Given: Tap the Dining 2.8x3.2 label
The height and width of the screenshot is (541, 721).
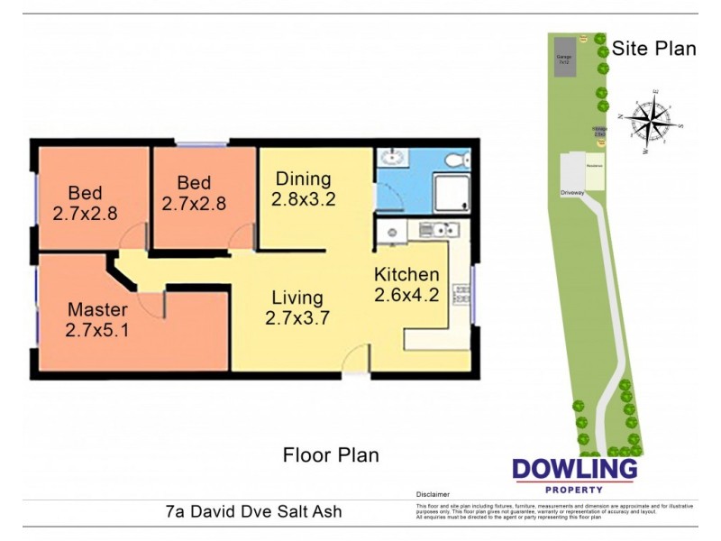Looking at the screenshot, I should coord(304,189).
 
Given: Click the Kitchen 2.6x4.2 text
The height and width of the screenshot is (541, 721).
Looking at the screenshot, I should coord(406,284).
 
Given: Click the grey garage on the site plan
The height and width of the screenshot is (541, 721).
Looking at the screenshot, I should coord(563,57).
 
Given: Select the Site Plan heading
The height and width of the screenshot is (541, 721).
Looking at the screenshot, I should coord(653,49).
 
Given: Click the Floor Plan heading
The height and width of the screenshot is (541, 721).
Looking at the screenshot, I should coord(331,454).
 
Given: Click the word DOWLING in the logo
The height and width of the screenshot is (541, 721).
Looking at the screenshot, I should coord(574,470).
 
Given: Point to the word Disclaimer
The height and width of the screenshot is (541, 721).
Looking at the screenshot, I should coord(433,495).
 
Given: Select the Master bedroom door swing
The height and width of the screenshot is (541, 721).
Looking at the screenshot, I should coord(153,304).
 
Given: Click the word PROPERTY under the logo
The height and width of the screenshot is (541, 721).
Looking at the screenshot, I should coord(574,490).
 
